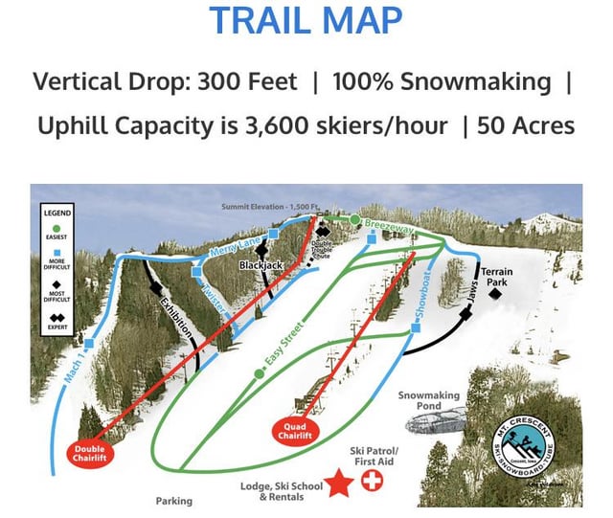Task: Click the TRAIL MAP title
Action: [306, 20]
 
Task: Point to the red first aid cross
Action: [369, 481]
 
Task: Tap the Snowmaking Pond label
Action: [429, 400]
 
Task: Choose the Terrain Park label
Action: [497, 278]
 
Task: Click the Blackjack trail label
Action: [261, 264]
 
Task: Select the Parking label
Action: [173, 501]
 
